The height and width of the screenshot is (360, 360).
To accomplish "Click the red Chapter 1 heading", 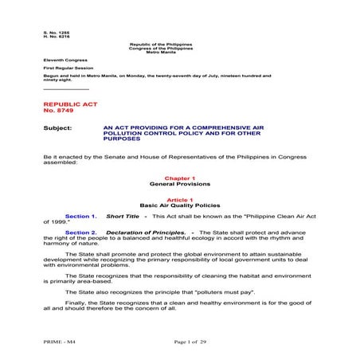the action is tap(179, 179).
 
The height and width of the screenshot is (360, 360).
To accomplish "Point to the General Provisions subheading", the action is tap(179, 185).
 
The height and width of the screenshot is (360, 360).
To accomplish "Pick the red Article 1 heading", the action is tap(179, 199).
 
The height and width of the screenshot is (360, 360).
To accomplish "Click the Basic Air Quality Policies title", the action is tap(179, 205).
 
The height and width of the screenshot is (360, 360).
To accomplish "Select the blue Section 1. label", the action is tap(80, 216).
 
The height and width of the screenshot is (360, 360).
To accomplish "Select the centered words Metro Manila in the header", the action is tap(179, 51).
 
